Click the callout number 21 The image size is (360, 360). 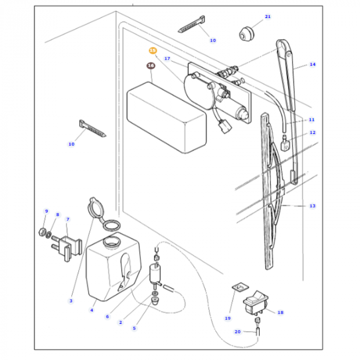267,17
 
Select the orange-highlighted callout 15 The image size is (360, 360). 153,50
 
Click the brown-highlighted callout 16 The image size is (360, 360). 151,66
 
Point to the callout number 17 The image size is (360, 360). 167,59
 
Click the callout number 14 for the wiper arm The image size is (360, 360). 312,64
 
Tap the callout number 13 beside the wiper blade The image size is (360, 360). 312,206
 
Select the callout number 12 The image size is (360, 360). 312,133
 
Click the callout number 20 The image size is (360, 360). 238,332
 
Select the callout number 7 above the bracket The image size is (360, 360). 67,220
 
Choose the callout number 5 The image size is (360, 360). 134,327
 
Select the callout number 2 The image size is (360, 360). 120,322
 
